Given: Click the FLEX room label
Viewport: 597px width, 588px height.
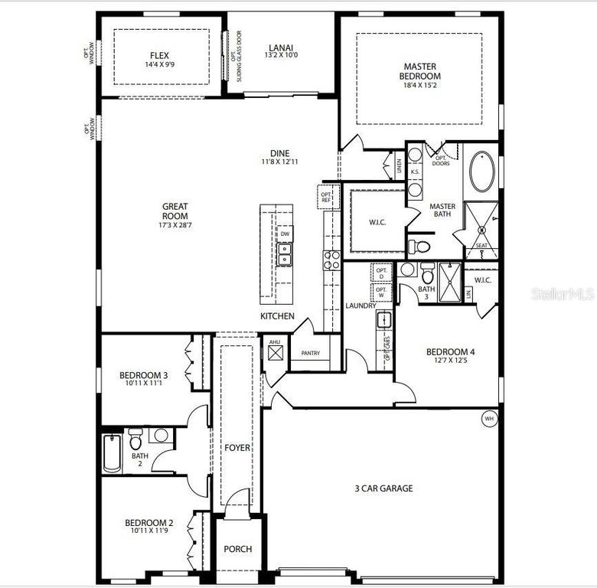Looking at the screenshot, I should click(159, 55).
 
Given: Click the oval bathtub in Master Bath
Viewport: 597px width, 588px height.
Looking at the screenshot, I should click(482, 172).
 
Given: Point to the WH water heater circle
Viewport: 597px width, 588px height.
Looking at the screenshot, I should click(488, 419).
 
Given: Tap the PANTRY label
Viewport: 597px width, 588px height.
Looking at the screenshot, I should click(310, 354).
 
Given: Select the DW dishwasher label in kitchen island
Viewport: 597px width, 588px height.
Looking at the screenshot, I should click(285, 234).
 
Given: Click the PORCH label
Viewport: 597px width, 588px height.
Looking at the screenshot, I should click(237, 549).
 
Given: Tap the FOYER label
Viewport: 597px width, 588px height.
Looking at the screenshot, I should click(237, 447).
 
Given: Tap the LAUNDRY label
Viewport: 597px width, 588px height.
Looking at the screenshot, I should click(360, 305).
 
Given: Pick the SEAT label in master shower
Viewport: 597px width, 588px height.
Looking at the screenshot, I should click(481, 246).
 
